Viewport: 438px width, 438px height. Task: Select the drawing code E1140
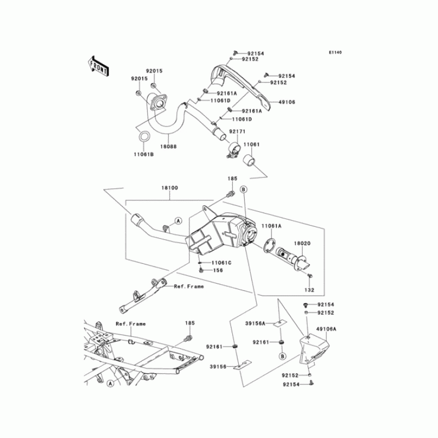pos(335,53)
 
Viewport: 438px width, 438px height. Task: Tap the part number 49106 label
pos(286,102)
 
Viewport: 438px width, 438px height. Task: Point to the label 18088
pos(168,147)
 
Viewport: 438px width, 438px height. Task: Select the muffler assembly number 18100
pos(170,188)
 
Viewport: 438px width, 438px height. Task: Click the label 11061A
pos(272,226)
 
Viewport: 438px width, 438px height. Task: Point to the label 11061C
pos(222,263)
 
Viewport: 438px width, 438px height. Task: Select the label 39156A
pos(255,324)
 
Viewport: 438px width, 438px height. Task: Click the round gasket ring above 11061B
pos(144,136)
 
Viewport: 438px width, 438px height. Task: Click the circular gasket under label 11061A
pos(268,245)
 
